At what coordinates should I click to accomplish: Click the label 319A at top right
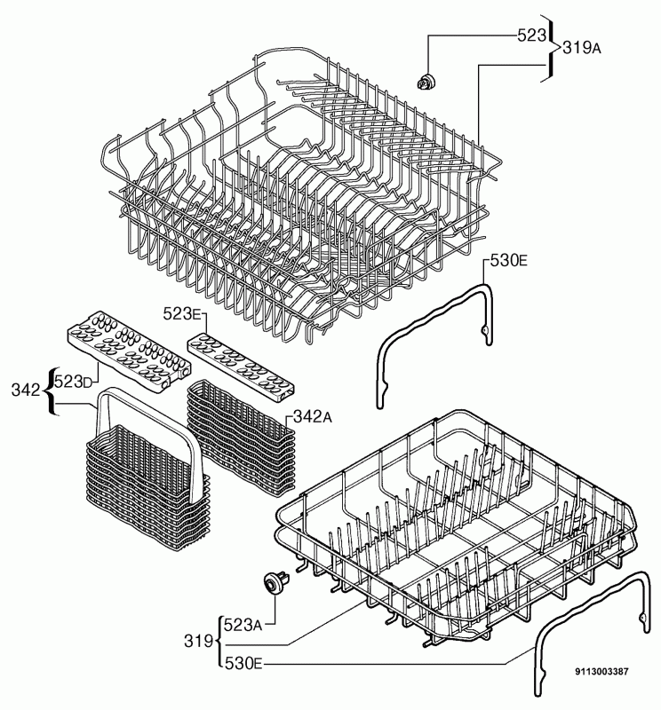(582, 48)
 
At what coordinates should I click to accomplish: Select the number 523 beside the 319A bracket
(532, 35)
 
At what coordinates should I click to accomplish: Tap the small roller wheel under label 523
(426, 83)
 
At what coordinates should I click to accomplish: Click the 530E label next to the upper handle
(509, 261)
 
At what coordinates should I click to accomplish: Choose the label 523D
(74, 382)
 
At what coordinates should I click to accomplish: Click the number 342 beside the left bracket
(26, 390)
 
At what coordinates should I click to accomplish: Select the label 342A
(313, 416)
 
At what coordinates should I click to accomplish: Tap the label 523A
(243, 626)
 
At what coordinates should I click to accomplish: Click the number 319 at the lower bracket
(199, 641)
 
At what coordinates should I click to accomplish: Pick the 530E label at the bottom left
(243, 664)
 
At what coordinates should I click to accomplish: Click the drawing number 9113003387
(602, 672)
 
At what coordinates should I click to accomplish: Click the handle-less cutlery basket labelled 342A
(241, 438)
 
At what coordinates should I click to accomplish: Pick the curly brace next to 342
(49, 390)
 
